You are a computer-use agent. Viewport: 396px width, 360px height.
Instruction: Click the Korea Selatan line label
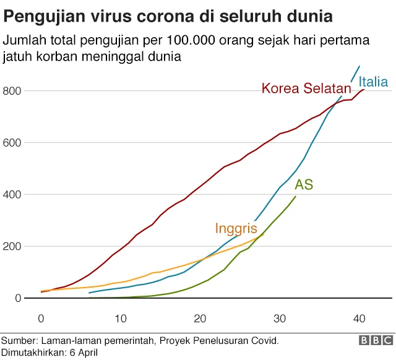tap(306, 88)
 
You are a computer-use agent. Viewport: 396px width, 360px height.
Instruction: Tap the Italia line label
tap(373, 82)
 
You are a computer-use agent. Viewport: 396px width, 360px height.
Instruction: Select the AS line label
tap(303, 184)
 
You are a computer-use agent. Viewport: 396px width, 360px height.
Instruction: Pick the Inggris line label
tap(236, 228)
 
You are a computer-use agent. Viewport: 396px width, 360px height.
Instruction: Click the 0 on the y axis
tap(18, 298)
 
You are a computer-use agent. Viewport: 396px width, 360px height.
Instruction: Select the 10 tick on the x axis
tap(121, 319)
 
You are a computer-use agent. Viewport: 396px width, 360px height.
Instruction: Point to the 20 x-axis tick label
tap(200, 319)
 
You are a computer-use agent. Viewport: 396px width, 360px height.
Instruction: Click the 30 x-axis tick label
tap(280, 319)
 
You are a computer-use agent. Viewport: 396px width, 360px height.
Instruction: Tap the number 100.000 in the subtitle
tap(186, 41)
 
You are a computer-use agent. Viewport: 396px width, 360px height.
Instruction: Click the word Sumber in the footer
tap(19, 341)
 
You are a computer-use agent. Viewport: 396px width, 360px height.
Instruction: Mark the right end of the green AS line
tap(296, 197)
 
